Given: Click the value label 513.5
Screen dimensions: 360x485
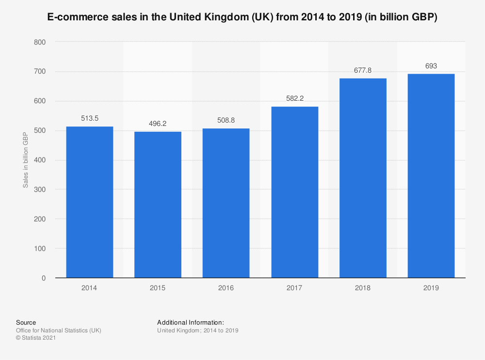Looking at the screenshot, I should coord(89,118).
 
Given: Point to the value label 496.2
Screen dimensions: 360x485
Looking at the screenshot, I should coord(158,124).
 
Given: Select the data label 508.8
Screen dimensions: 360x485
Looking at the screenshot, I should coord(226,120).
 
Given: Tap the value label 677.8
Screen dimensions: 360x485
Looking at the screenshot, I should coord(363,70).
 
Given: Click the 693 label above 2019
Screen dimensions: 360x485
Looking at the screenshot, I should coord(431,65).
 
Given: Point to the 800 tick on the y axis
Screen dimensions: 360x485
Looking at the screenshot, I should coord(40,42).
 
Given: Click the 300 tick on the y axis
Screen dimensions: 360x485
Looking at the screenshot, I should coord(40,189).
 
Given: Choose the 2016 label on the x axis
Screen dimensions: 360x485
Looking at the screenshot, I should coord(226,288).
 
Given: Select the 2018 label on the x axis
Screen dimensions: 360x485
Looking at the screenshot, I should coord(363,288).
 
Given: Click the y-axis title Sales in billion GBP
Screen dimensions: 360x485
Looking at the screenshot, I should coord(25,160).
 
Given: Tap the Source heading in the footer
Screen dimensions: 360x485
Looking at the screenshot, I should coord(26,322).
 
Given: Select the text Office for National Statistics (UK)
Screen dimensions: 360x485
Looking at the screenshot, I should coord(59,330).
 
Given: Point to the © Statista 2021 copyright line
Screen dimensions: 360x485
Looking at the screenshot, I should coord(36,338).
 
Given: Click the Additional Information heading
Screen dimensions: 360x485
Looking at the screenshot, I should coord(191,322).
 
